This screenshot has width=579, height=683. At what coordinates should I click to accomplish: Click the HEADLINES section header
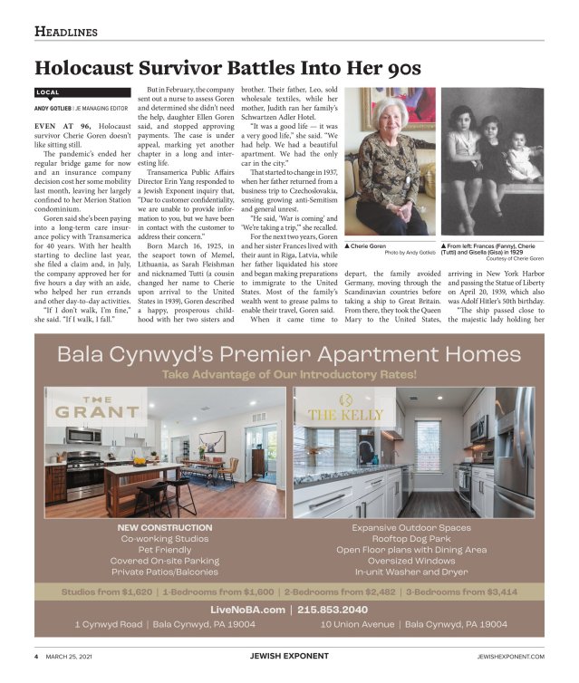[x=65, y=32]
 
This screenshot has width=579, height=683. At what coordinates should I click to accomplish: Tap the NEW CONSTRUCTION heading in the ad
[x=165, y=527]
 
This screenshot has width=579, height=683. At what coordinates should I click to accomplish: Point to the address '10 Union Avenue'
[x=357, y=625]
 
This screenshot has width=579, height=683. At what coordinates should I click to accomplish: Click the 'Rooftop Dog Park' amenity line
[x=410, y=538]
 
